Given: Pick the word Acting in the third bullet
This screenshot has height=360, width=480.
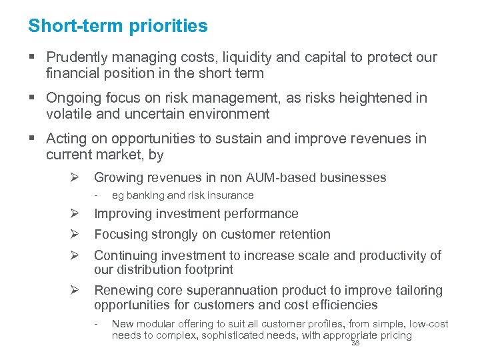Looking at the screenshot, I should (65, 139).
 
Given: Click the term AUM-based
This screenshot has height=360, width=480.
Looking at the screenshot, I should (278, 177).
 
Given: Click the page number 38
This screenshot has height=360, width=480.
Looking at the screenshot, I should (355, 343).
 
